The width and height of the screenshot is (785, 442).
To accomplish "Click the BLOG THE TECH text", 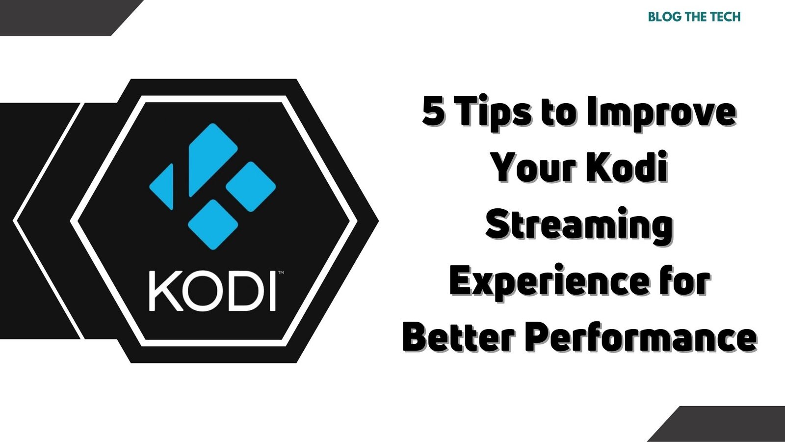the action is (694, 17).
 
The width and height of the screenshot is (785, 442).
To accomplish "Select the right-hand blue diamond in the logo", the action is (251, 187).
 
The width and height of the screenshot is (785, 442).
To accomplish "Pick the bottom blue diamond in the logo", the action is (213, 224).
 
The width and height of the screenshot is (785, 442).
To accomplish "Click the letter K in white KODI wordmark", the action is (164, 291).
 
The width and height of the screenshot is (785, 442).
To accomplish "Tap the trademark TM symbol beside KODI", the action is (280, 272).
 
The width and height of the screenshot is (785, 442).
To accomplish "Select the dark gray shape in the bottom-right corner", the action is (726, 424).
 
